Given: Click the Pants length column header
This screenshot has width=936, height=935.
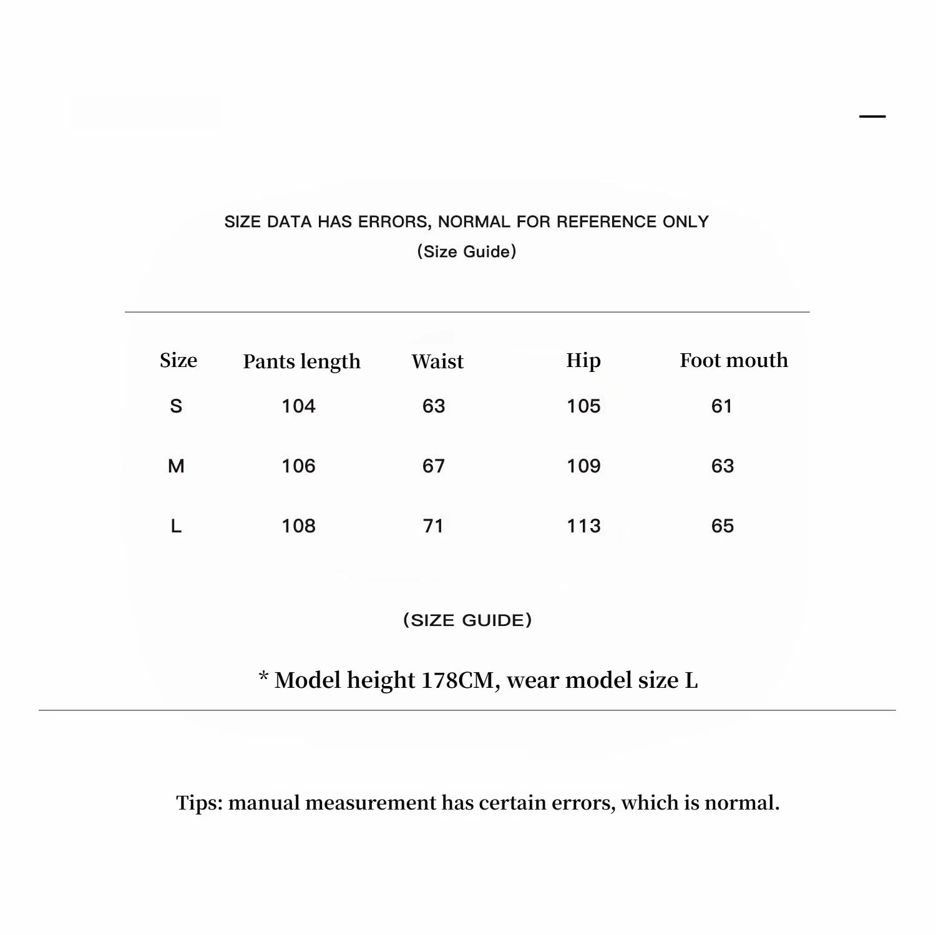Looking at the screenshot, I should [301, 361].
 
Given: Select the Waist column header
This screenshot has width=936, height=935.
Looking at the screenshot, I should [437, 361].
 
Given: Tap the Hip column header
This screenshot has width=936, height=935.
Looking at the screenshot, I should [583, 360].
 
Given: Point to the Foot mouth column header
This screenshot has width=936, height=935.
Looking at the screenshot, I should [734, 360].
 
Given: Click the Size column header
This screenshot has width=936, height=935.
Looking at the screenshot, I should [178, 360].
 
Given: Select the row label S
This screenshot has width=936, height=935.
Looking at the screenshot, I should [176, 406].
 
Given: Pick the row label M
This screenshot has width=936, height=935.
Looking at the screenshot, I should [176, 466].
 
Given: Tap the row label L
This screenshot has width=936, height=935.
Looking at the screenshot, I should [176, 526].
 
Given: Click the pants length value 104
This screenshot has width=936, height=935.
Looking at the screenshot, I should [298, 406].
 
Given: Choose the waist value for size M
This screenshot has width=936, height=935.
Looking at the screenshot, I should [434, 466].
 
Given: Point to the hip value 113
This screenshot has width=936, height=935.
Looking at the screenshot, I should [583, 526].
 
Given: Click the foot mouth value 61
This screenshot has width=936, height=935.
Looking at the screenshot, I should [721, 406].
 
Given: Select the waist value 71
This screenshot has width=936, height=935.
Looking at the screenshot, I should [433, 526].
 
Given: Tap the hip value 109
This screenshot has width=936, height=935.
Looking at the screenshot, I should [583, 466].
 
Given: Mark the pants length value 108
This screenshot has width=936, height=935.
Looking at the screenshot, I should [298, 526].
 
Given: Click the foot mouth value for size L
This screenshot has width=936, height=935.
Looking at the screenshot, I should [723, 526].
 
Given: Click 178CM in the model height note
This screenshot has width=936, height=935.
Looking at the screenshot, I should [457, 680].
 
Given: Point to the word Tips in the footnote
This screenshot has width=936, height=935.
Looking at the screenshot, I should [199, 803].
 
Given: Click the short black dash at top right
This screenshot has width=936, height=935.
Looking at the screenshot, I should [872, 117].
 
